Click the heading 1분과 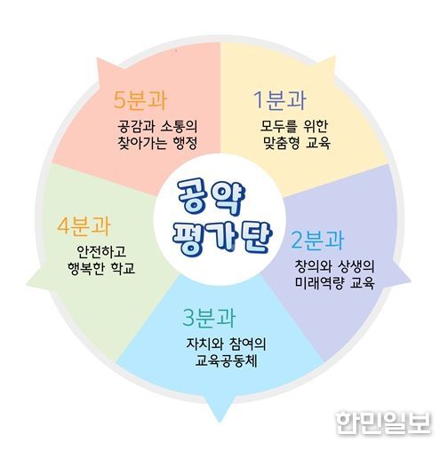point(279,100)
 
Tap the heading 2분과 point(317,240)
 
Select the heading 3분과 point(209,317)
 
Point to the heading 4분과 point(84,225)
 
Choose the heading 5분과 point(140,99)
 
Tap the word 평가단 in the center point(221,239)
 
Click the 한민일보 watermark point(383,423)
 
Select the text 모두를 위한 point(293,126)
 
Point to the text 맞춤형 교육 point(297,143)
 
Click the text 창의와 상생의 point(334,266)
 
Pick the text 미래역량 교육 point(334,283)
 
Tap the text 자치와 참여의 point(226,343)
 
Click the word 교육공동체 point(226,361)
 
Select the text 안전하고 point(101,252)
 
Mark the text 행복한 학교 point(101,269)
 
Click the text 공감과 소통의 point(157,126)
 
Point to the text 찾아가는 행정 point(157,143)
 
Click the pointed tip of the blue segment point(220,422)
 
